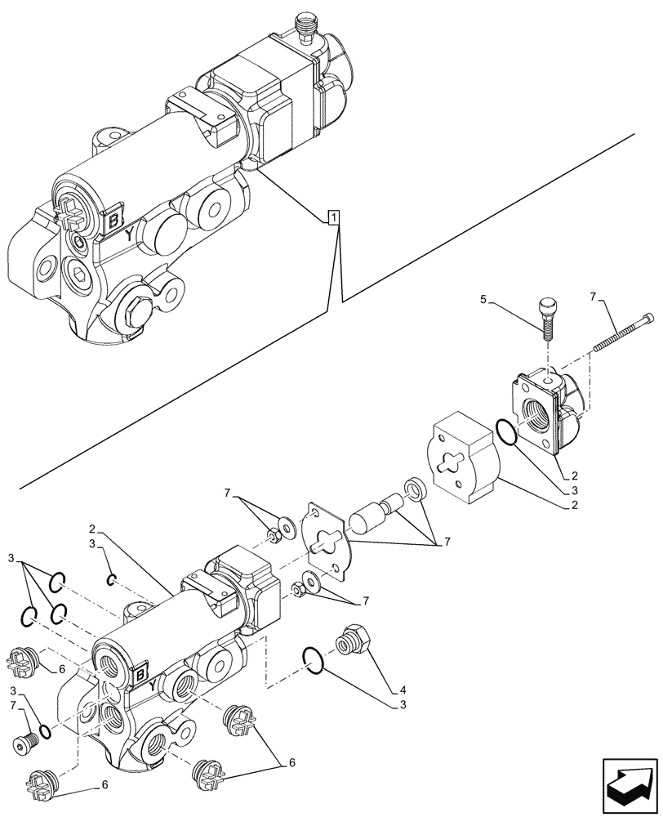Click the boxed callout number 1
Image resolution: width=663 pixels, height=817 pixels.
click(333, 217)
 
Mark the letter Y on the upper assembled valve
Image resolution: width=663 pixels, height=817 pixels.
click(130, 234)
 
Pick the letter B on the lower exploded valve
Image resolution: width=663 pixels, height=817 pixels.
click(140, 675)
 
